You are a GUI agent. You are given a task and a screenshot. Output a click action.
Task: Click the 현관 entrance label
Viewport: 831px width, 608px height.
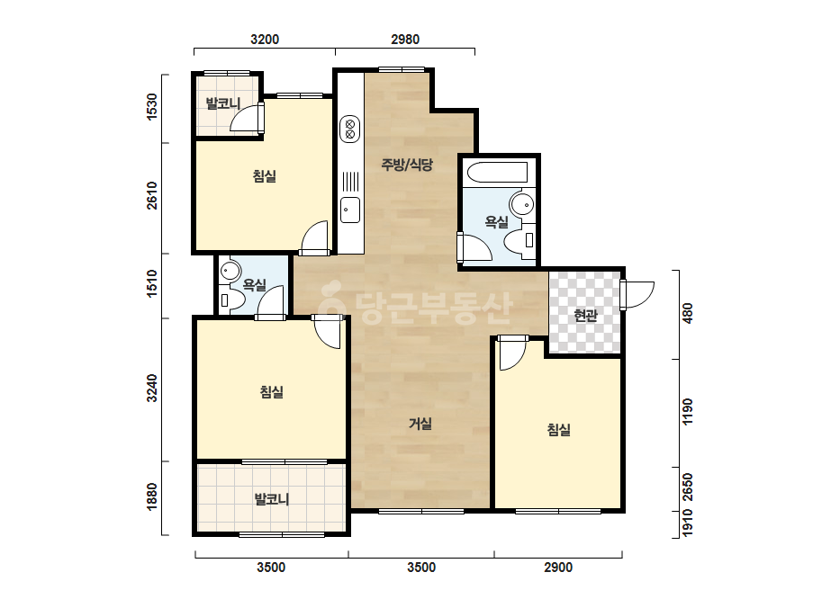[585, 316]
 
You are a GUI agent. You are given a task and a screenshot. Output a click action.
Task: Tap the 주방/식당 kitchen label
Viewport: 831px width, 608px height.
[407, 165]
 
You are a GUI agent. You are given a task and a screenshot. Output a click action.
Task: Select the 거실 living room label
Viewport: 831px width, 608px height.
[420, 423]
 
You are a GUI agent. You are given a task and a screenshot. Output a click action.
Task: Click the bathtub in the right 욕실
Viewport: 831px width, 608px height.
[497, 172]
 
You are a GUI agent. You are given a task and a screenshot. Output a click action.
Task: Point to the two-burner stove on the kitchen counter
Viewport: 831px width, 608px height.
[350, 129]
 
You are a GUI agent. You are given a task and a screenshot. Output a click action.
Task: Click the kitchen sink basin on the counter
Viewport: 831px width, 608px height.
[350, 210]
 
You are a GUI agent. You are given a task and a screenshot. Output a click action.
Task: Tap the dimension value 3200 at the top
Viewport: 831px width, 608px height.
[265, 40]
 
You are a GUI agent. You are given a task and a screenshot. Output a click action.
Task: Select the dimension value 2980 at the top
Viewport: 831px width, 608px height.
[405, 40]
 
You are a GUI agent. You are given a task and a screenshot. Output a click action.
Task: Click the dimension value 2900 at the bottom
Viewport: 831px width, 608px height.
[558, 568]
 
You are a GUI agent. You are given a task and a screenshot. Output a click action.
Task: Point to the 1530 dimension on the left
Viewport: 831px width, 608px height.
[152, 107]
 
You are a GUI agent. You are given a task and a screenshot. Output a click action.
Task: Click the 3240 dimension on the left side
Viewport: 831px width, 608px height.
[152, 389]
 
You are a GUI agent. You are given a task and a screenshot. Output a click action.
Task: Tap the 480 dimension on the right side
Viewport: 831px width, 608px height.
[687, 313]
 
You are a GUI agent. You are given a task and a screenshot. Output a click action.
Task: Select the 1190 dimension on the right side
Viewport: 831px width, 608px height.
[687, 412]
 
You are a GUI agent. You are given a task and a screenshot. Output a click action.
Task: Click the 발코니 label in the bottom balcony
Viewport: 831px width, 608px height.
[271, 499]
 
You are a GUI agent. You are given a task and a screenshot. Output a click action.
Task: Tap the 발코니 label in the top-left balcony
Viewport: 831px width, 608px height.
[223, 103]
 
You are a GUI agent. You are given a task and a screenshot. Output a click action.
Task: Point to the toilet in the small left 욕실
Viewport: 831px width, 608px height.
[231, 300]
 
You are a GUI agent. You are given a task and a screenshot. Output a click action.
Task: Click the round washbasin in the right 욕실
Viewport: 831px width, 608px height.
[521, 203]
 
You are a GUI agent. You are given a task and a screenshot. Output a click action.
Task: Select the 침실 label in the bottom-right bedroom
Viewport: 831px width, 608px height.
[558, 429]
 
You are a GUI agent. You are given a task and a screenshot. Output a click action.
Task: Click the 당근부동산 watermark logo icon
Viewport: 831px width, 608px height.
[333, 302]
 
